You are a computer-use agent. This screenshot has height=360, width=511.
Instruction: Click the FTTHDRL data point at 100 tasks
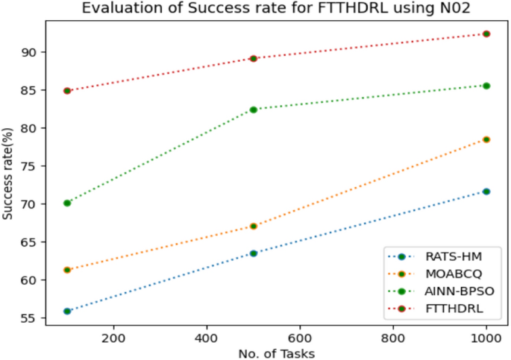pyautogui.click(x=67, y=91)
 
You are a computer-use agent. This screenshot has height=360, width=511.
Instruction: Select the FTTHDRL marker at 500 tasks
pyautogui.click(x=254, y=58)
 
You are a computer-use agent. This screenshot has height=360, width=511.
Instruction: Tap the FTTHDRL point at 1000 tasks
pyautogui.click(x=486, y=34)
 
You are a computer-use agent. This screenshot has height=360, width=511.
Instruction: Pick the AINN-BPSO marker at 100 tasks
pyautogui.click(x=67, y=203)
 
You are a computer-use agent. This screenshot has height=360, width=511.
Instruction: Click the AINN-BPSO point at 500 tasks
pyautogui.click(x=254, y=110)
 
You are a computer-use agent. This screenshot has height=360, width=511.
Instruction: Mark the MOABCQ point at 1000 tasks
pyautogui.click(x=486, y=139)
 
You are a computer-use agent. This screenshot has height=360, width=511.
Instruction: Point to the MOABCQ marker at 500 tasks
pyautogui.click(x=254, y=226)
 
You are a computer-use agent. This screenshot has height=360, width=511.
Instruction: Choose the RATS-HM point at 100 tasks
pyautogui.click(x=67, y=311)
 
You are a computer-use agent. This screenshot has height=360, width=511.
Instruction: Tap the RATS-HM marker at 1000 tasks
pyautogui.click(x=486, y=192)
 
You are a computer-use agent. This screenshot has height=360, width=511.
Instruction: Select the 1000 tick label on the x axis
pyautogui.click(x=486, y=337)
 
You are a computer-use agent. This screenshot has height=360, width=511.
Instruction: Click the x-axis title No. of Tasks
pyautogui.click(x=277, y=353)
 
